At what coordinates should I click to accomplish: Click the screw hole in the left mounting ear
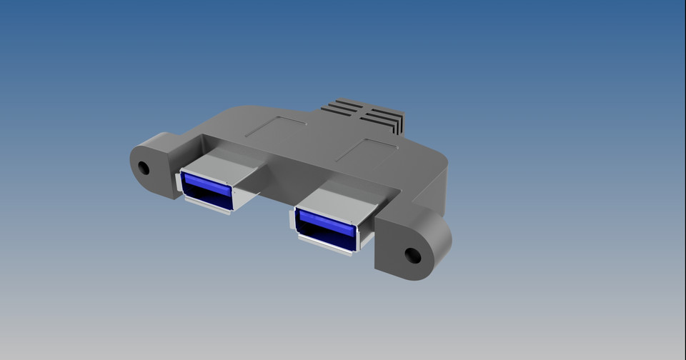click(x=144, y=168)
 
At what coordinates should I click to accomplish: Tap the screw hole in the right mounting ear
click(x=412, y=255)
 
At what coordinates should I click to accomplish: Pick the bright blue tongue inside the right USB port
click(x=325, y=223)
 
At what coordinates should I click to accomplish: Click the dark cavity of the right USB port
click(x=325, y=238)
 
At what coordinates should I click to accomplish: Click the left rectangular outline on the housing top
click(x=276, y=128)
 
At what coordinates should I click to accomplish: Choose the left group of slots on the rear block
click(x=342, y=108)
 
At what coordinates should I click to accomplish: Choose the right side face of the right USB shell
click(x=365, y=232)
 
